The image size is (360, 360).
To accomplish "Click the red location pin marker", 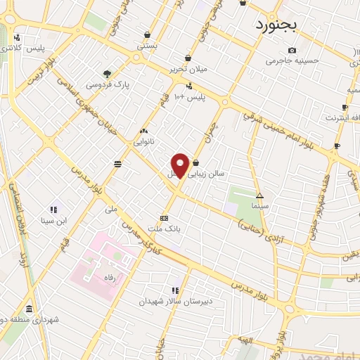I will pos(180,165).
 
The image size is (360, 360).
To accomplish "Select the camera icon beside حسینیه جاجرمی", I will pos(292,50).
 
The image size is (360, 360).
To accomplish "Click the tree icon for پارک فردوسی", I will pos(107,73).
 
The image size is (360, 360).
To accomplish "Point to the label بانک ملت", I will pos(165,229).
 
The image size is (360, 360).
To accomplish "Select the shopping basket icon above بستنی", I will pos(147,34).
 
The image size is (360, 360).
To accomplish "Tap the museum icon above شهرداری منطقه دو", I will pos(29,309).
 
